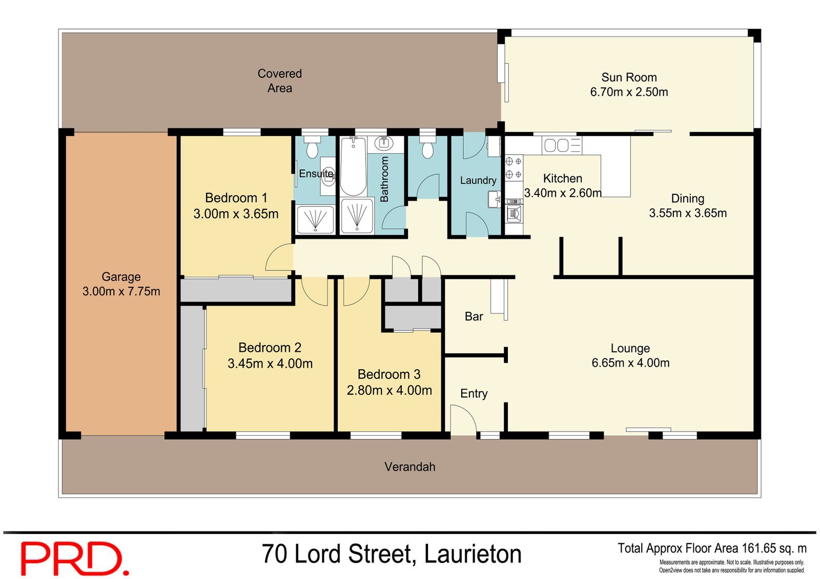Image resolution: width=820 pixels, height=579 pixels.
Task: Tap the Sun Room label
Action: coord(629,77)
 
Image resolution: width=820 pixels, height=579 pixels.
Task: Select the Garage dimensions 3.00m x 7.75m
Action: coord(121,291)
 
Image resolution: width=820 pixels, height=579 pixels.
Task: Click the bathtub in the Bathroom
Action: coord(353,166)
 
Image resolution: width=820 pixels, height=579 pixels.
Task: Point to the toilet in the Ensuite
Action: coord(312,148)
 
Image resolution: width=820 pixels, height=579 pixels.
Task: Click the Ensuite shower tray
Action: coord(315,219)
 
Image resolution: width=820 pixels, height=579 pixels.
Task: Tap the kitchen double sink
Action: coord(556,145)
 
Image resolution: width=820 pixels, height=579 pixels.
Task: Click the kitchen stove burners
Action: coord(514,168)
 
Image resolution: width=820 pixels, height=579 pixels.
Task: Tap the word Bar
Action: coord(474,316)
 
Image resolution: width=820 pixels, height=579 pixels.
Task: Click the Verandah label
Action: coord(409,467)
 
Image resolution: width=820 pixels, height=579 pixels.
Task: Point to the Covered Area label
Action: coord(279,81)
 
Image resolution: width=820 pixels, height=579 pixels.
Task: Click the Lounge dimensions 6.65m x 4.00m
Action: coord(630,363)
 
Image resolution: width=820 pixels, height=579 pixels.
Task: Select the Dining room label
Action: coord(687,199)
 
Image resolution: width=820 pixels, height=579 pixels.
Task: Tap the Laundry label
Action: coord(478,180)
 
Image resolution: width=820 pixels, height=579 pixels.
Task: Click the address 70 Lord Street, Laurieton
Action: coord(392,554)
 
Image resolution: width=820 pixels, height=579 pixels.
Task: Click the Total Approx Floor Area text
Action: coord(712,548)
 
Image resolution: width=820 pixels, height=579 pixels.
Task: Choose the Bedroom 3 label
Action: coord(389,374)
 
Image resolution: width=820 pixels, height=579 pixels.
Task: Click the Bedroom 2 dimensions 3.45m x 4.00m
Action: coord(270,363)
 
